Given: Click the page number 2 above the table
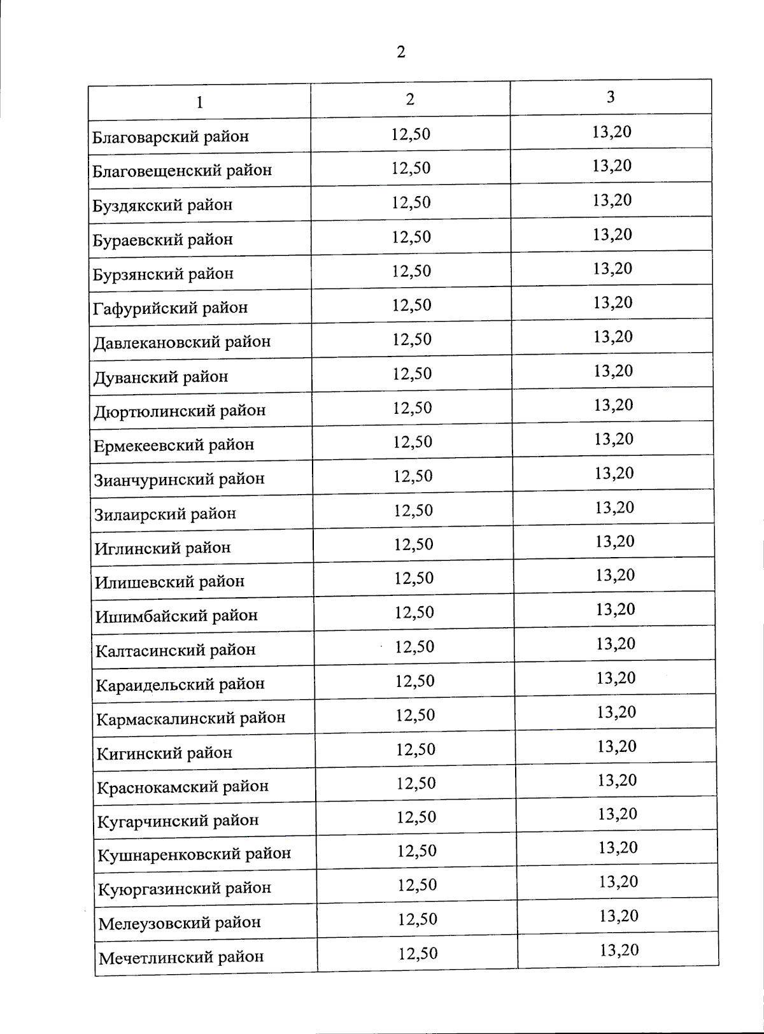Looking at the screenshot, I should (400, 52).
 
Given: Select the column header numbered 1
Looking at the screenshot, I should (199, 102).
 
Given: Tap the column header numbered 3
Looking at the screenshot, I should (611, 97).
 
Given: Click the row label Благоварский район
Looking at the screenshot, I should (171, 137).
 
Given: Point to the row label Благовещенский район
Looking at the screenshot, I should (182, 171).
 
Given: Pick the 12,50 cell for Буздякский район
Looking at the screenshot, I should (411, 202).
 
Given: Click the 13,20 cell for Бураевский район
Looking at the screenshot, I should (612, 234).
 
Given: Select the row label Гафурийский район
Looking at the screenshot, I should (171, 308).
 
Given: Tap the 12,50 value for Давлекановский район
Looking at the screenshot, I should (412, 339).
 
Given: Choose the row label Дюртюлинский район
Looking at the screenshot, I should (180, 411).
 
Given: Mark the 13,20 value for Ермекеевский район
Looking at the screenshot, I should (614, 439).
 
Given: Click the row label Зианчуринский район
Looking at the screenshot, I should (180, 479).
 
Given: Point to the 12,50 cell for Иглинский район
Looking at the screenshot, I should (414, 544).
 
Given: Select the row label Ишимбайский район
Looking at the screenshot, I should (176, 616).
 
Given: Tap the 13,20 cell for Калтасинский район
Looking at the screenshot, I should (616, 644).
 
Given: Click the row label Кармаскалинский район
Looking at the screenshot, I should (191, 718).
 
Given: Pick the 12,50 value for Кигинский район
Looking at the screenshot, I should (416, 749).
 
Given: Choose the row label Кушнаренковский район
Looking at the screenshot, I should (194, 854).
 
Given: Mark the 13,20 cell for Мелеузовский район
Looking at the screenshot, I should (619, 916).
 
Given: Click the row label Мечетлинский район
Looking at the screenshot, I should (181, 957).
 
